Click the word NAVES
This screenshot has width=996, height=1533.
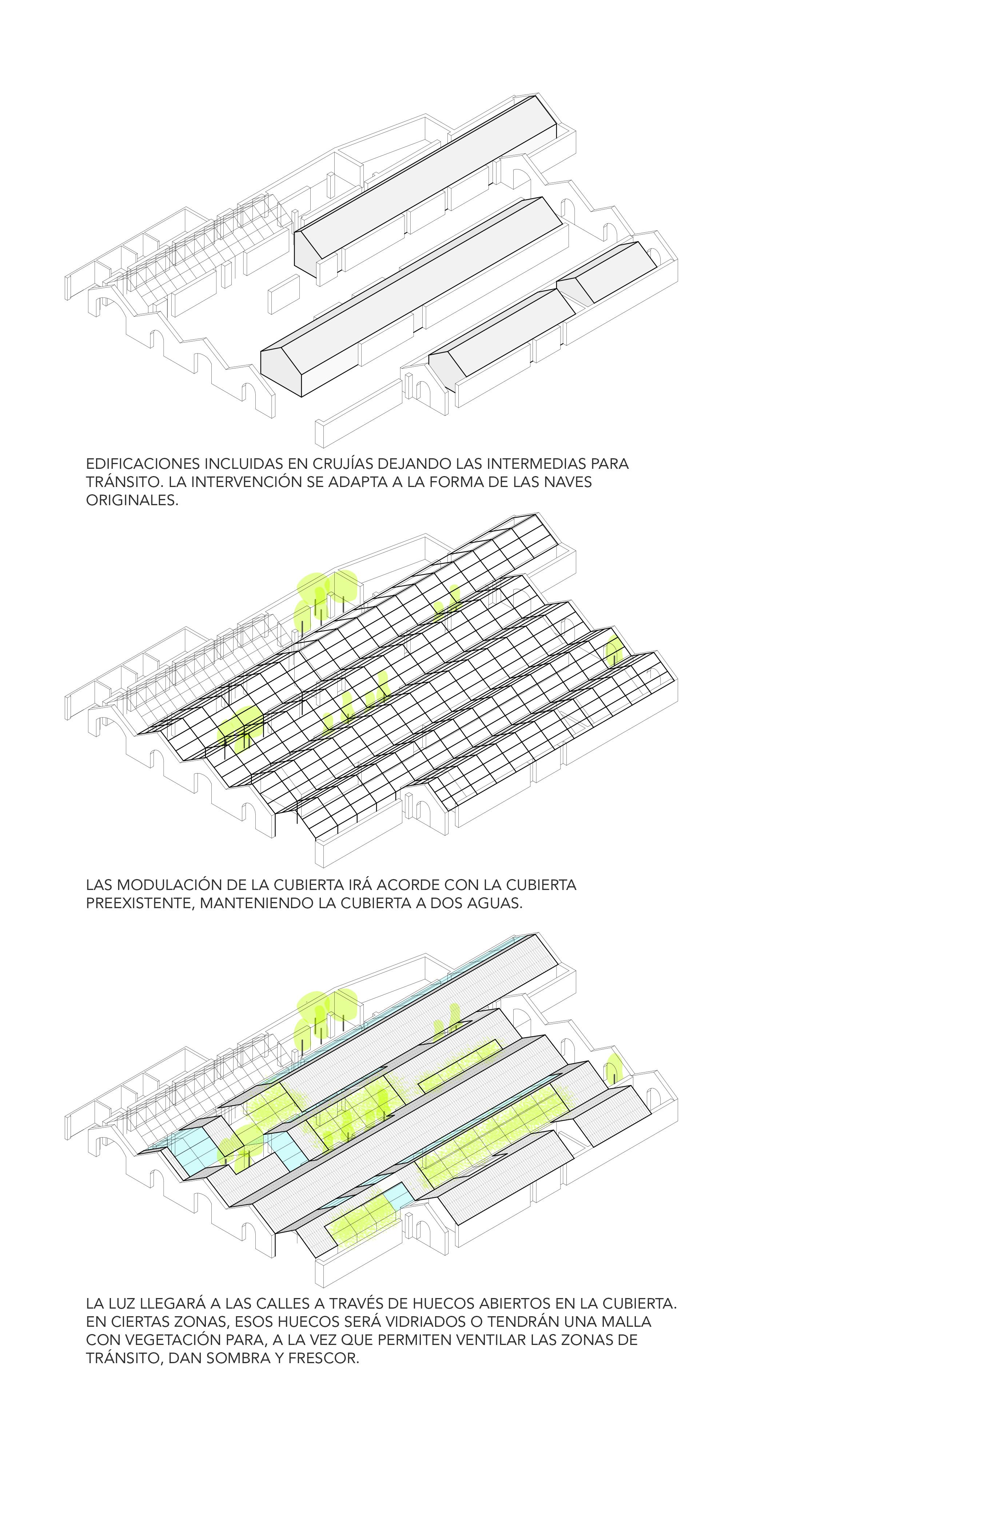coord(568,482)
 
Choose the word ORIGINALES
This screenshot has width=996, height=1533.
coord(132,500)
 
